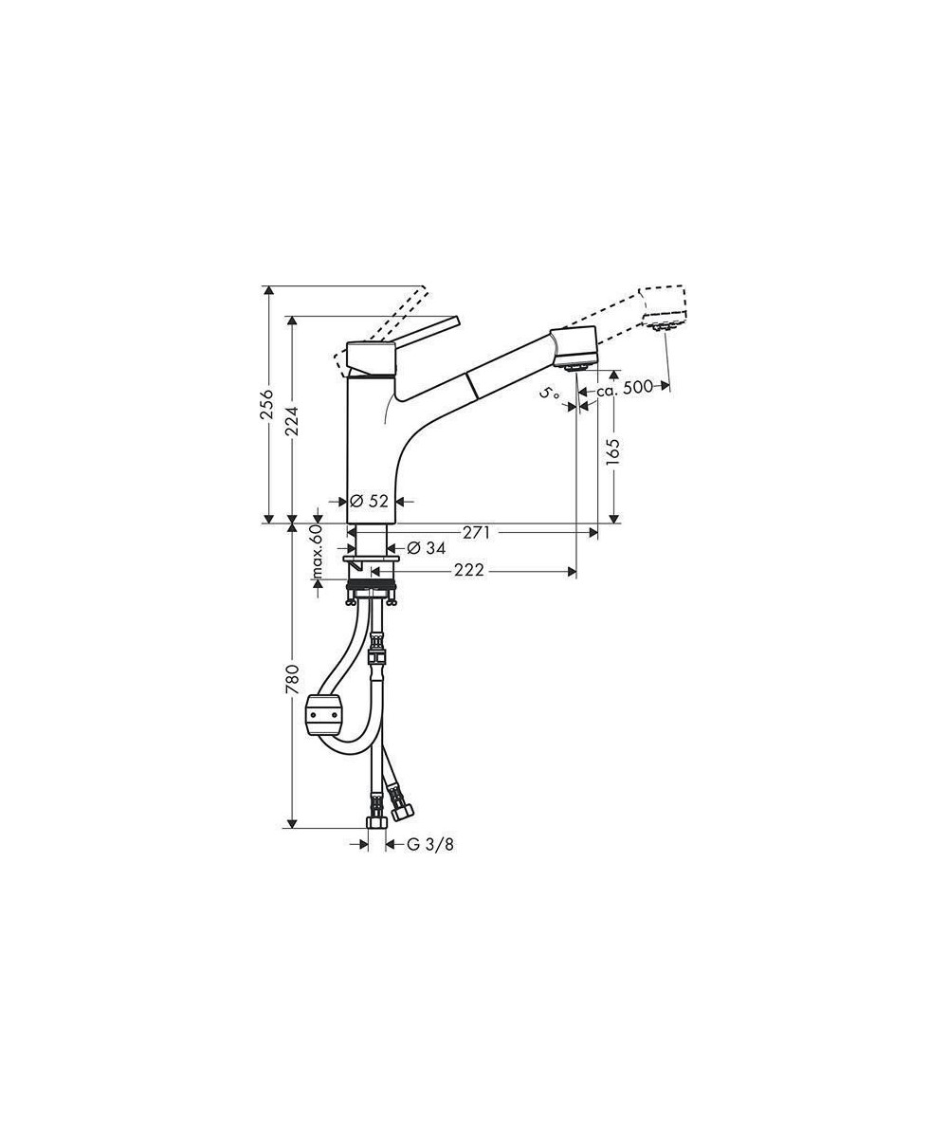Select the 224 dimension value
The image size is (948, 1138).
click(293, 421)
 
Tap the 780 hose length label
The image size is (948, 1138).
click(293, 680)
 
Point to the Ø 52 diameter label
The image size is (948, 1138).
click(369, 501)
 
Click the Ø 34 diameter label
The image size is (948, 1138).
click(427, 547)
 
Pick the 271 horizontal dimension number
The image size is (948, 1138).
click(477, 532)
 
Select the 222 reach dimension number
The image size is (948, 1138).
click(468, 570)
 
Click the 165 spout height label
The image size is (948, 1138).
click(613, 451)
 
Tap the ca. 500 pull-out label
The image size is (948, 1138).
click(624, 387)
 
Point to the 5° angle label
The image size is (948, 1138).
click(550, 393)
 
